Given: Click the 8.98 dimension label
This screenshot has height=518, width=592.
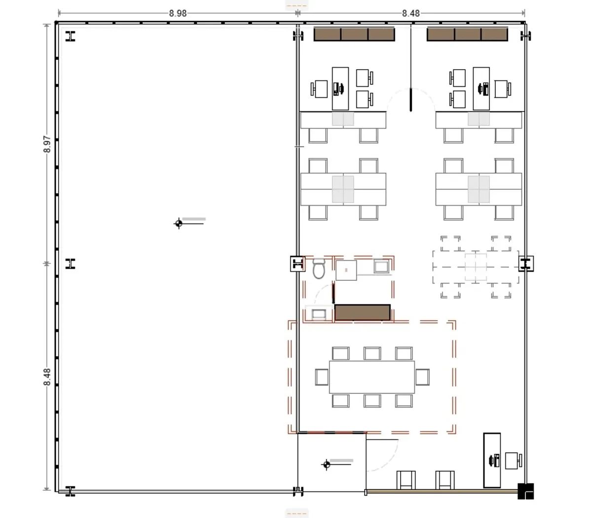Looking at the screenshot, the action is click(178, 13).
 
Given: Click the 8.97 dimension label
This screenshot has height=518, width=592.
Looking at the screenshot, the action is click(47, 144).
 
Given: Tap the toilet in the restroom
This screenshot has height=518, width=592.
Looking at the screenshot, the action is click(319, 268).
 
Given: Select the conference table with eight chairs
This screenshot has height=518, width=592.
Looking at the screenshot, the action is click(372, 377).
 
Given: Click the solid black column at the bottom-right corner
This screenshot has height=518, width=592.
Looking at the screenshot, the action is click(526, 491).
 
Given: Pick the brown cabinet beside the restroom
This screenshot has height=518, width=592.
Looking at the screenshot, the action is click(363, 312).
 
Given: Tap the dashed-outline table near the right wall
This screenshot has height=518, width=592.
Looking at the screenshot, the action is click(476, 267).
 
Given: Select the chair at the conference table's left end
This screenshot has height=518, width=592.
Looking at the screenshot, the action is click(322, 377).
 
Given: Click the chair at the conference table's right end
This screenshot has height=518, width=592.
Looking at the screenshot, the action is click(422, 377).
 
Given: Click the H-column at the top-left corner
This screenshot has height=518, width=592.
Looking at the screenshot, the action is click(71, 36).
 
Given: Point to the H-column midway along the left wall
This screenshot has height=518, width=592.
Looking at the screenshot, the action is click(71, 263).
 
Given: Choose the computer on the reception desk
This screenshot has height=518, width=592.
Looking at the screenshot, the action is click(494, 460).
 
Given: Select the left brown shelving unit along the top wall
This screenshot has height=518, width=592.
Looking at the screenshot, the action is click(354, 34).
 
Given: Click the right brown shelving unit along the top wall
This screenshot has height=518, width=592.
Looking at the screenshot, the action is click(467, 34).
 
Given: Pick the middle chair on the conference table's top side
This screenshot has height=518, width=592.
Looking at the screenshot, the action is click(372, 353).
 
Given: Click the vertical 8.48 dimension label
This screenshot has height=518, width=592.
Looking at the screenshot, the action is click(47, 377).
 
